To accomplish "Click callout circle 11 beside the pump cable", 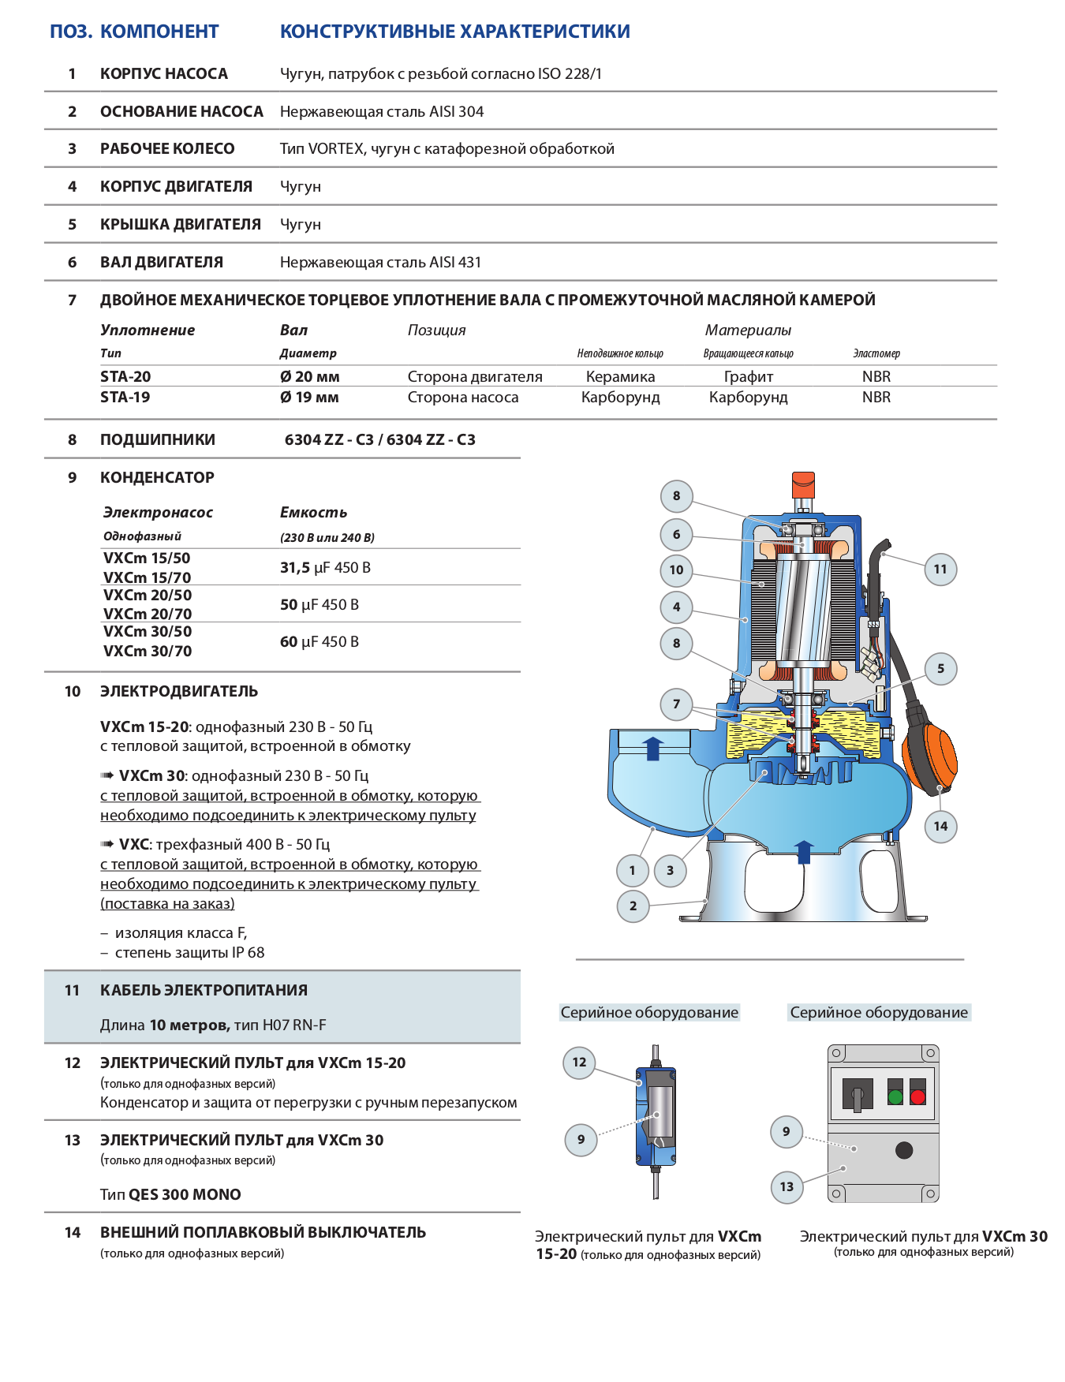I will (940, 569).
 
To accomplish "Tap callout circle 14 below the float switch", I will (940, 826).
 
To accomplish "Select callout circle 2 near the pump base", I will (633, 906).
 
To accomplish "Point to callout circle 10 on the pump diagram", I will (676, 570).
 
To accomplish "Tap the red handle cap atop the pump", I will (802, 480).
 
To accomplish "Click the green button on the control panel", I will (895, 1096).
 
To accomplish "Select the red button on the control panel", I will (917, 1096).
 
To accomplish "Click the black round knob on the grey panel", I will (904, 1150).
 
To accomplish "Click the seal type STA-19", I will (125, 398).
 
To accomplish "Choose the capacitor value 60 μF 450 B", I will (319, 642).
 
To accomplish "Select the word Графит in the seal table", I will (748, 377).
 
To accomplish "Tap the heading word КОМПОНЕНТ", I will (159, 32).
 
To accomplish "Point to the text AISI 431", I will (455, 263).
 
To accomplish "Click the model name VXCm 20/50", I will (148, 596).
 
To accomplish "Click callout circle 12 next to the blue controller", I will (579, 1062).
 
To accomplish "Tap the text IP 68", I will (248, 953).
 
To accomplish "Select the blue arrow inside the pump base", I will (803, 852).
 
